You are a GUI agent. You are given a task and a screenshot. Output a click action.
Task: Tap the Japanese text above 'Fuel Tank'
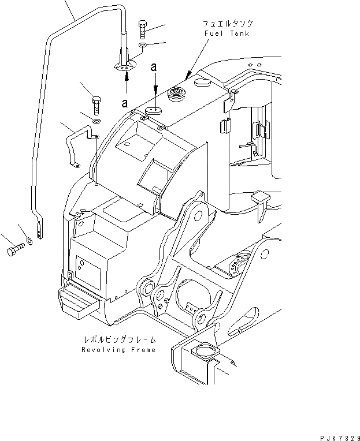(228, 24)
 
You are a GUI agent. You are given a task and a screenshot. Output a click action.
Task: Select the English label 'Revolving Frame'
(118, 350)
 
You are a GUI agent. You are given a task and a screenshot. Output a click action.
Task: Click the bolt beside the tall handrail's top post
(143, 29)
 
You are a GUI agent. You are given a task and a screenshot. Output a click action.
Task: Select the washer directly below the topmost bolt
(142, 45)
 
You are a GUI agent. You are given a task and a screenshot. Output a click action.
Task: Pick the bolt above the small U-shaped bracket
(97, 105)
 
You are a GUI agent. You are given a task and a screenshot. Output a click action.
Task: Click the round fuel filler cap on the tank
(175, 94)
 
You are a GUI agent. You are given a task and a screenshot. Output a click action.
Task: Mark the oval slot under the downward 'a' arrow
(153, 108)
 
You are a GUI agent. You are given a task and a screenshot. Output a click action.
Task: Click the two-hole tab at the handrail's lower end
(39, 231)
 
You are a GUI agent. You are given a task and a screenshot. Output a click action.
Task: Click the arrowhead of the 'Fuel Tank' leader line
(186, 77)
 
